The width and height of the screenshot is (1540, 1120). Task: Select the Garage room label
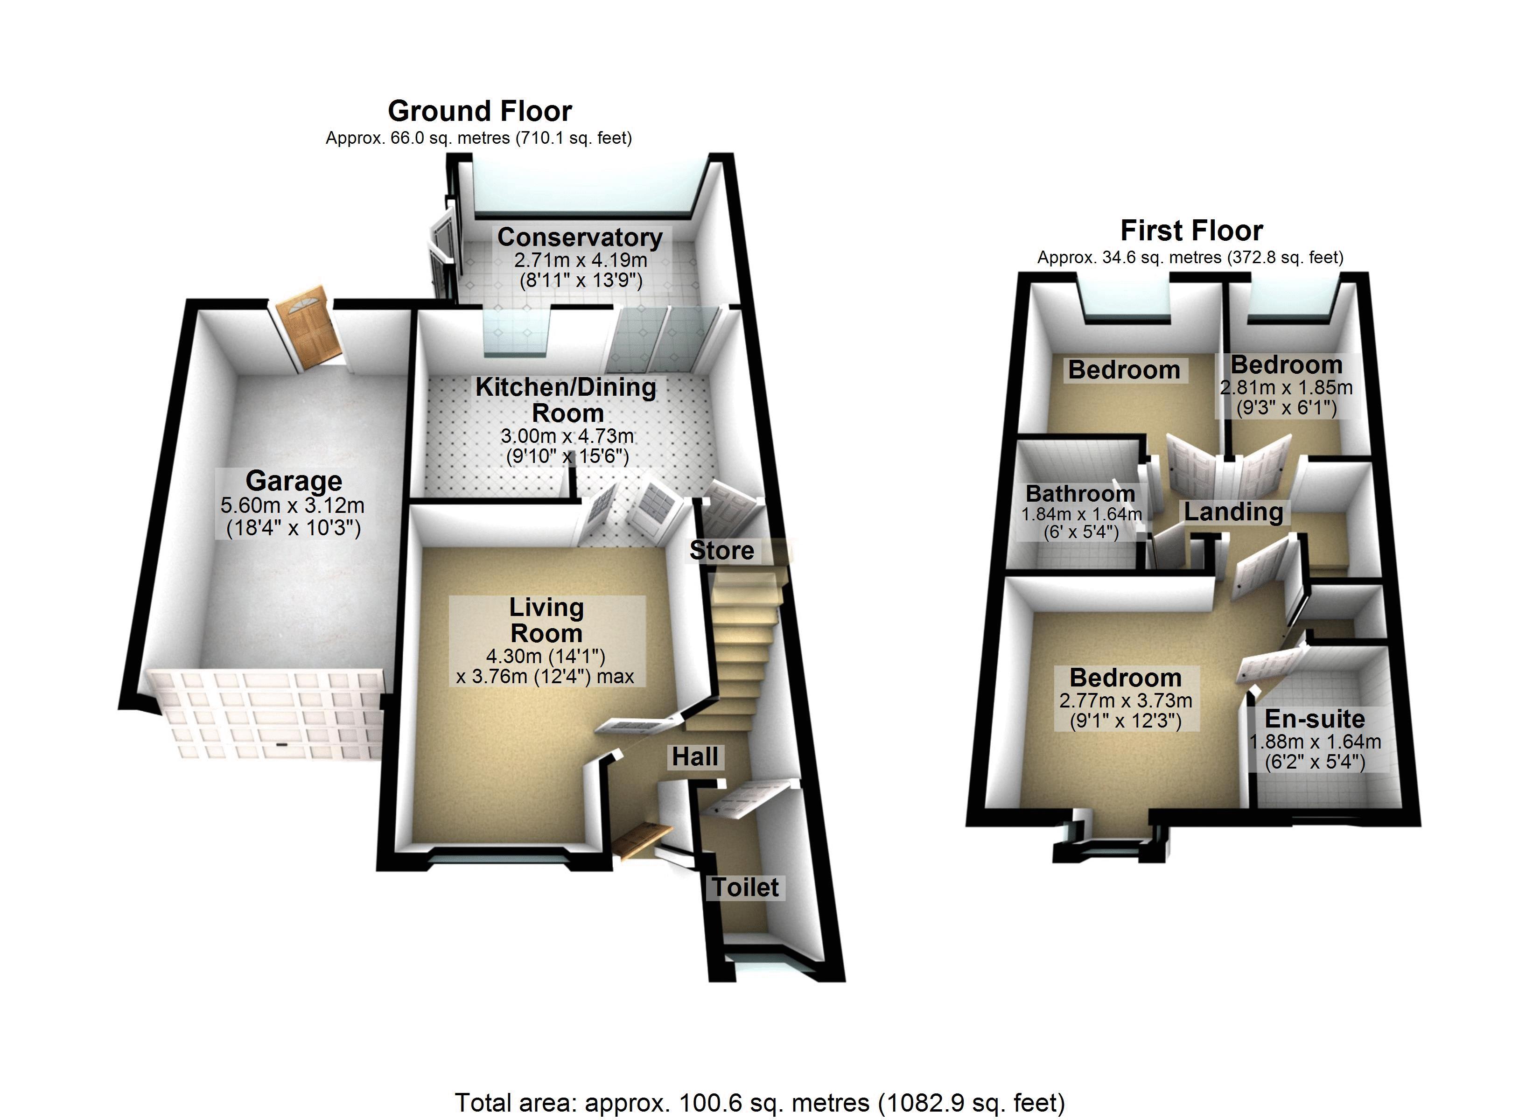(x=294, y=481)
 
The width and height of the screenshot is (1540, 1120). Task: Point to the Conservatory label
(x=580, y=237)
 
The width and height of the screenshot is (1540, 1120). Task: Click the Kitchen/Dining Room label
(x=566, y=399)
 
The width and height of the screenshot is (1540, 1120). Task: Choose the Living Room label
(x=546, y=620)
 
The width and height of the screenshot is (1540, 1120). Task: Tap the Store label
(x=722, y=550)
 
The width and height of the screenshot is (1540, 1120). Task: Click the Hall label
(x=695, y=756)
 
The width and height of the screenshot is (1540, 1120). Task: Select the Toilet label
(x=746, y=887)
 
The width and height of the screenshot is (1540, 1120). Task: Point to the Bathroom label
(x=1080, y=493)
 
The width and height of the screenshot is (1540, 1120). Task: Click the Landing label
(x=1234, y=512)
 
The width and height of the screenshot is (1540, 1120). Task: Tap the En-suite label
(x=1315, y=719)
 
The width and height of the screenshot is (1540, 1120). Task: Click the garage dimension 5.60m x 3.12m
(x=293, y=505)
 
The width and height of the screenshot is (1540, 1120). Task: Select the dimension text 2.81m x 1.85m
(x=1286, y=388)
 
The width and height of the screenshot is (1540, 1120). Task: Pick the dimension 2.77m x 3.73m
(x=1126, y=700)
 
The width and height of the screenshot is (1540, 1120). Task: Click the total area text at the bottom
(x=760, y=1102)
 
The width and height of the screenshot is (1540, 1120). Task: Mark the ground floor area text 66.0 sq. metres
(x=479, y=138)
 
